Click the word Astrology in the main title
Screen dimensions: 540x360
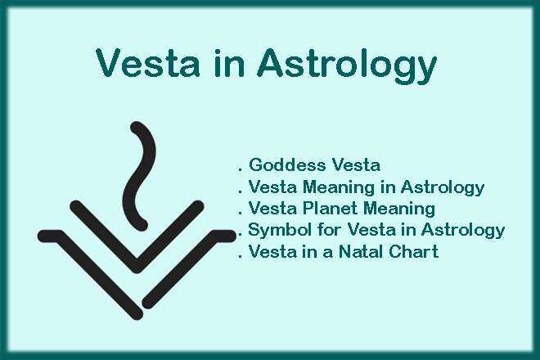pyautogui.click(x=347, y=65)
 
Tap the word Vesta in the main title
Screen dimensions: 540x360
pyautogui.click(x=148, y=63)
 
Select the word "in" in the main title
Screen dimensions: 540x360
pyautogui.click(x=229, y=63)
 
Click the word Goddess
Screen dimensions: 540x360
pyautogui.click(x=286, y=164)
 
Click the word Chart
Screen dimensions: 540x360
pyautogui.click(x=413, y=251)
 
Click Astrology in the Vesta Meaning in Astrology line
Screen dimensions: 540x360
pyautogui.click(x=442, y=187)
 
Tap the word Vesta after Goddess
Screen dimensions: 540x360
pyautogui.click(x=355, y=164)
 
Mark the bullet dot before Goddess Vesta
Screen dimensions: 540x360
pyautogui.click(x=241, y=169)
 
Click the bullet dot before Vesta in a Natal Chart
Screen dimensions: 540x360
pyautogui.click(x=241, y=256)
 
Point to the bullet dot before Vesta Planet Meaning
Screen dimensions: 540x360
pyautogui.click(x=241, y=213)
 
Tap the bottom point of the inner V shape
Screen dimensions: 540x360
pyautogui.click(x=137, y=266)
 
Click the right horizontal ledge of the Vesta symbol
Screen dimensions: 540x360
pyautogui.click(x=223, y=236)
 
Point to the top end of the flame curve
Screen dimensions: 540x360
pyautogui.click(x=137, y=128)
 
